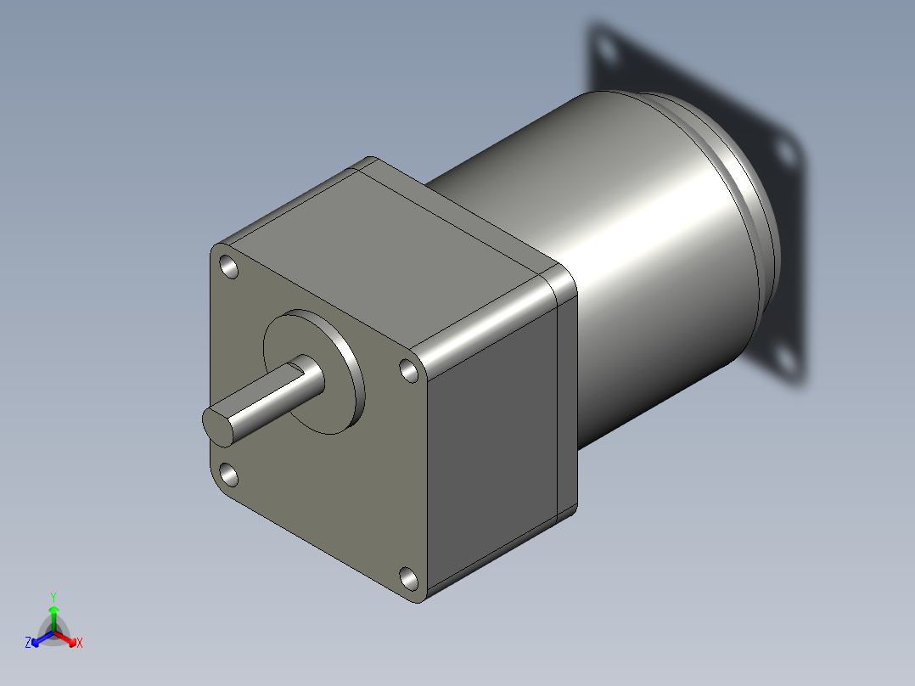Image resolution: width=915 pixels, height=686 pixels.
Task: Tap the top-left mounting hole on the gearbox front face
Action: pos(229,267)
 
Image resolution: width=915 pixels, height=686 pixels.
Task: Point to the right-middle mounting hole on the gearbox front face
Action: pos(409,370)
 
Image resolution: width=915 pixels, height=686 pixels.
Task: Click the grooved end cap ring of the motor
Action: pos(747,187)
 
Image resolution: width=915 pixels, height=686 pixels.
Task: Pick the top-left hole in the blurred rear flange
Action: pos(606,51)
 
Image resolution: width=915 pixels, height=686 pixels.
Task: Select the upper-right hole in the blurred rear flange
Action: pos(786,153)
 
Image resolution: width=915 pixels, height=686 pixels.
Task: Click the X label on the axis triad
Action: pos(80,643)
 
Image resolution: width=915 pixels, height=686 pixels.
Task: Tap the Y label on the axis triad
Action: pos(53,596)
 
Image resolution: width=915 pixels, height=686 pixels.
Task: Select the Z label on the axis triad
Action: pos(28,643)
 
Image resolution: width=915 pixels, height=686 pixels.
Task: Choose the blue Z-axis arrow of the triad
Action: pos(39,639)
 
